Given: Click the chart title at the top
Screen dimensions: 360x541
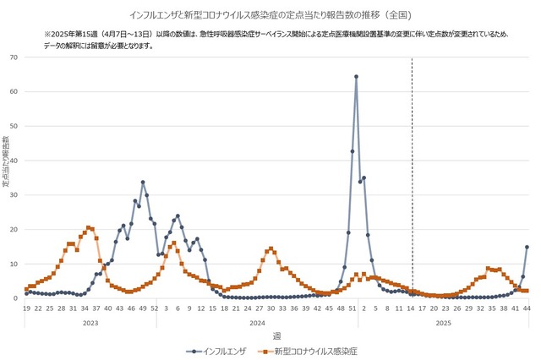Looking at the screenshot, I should [270, 14].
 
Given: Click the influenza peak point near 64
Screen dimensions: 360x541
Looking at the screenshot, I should [356, 76].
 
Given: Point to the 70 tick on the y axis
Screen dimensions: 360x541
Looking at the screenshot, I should [14, 57].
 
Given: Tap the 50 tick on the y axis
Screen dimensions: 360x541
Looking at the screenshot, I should [14, 126].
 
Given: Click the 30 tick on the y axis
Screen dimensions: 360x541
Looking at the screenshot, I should [14, 195].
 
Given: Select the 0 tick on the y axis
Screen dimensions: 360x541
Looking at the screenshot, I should [17, 298].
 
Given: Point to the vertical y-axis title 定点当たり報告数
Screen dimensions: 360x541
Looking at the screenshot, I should [6, 162].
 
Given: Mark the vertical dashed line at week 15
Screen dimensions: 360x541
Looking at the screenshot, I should [412, 169].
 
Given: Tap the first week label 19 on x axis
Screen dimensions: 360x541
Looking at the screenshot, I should [26, 309].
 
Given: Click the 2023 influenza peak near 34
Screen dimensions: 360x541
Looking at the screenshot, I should [143, 182].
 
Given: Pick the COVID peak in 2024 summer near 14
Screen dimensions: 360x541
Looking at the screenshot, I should [270, 248].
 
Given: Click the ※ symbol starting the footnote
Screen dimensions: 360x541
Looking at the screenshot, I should [47, 34].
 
